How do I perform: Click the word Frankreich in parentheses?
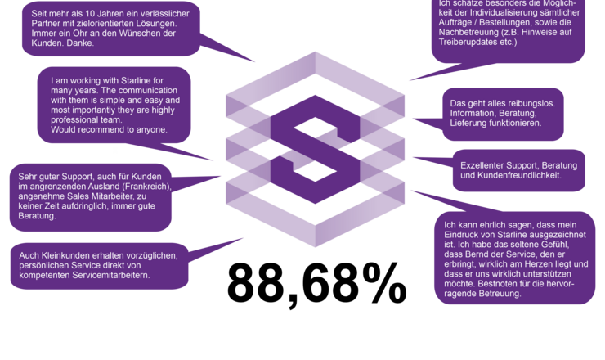(x=144, y=187)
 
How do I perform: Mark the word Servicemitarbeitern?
(x=110, y=276)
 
